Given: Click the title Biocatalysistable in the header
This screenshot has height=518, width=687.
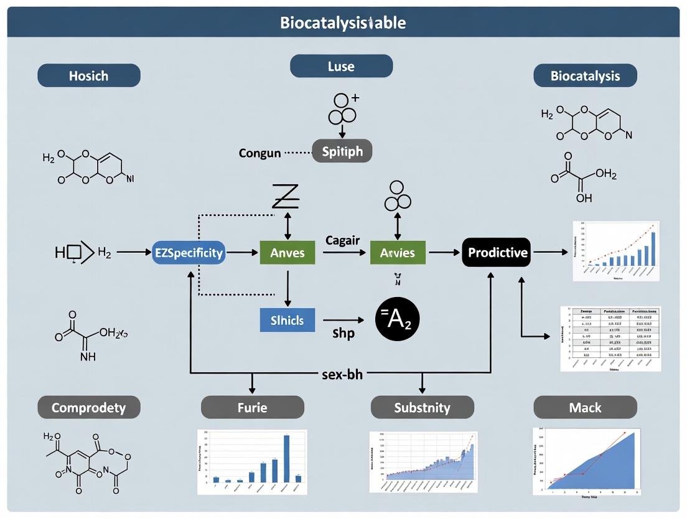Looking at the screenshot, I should click(x=343, y=23).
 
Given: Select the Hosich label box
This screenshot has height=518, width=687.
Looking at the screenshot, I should click(x=88, y=76).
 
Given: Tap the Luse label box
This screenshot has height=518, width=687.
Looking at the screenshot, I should click(x=341, y=66).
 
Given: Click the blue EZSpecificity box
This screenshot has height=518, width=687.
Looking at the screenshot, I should click(x=189, y=253).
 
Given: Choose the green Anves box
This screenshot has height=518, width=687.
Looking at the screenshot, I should click(x=287, y=253).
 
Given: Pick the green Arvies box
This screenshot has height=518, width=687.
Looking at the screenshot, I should click(x=398, y=253).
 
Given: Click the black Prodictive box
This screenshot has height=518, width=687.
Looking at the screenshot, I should click(x=497, y=253).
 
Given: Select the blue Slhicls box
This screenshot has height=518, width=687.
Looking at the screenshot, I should click(x=287, y=320).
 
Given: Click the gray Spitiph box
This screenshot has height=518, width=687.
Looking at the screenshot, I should click(x=342, y=151).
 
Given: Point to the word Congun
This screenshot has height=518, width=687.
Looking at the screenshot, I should click(x=259, y=153).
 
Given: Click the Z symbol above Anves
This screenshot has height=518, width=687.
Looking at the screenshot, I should click(x=286, y=196).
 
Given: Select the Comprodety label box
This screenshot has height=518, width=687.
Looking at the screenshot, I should click(x=88, y=408).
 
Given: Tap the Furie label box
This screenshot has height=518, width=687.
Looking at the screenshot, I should click(x=252, y=408).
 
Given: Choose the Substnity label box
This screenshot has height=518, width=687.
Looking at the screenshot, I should click(x=422, y=408).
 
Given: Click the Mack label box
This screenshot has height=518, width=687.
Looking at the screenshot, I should click(x=585, y=408).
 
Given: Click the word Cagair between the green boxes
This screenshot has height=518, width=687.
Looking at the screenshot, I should click(x=342, y=240).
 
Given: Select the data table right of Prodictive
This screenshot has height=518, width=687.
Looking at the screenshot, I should click(x=610, y=339).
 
